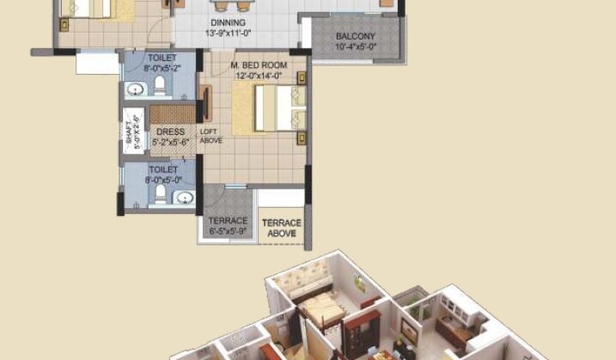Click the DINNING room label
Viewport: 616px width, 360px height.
click(227, 22)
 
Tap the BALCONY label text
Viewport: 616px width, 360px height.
click(355, 36)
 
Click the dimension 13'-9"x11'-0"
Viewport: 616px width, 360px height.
click(227, 33)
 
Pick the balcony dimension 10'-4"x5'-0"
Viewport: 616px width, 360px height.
click(355, 46)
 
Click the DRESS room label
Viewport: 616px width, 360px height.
click(170, 131)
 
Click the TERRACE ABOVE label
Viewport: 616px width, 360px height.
click(282, 227)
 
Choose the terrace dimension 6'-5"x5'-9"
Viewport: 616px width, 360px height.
click(228, 231)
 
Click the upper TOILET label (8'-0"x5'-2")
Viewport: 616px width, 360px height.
click(162, 58)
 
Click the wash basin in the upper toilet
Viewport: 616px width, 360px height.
click(135, 88)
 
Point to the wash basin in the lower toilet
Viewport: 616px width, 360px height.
click(184, 198)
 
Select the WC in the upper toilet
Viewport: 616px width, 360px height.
click(159, 87)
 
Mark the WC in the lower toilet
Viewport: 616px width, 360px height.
click(158, 195)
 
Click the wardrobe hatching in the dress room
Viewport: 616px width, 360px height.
click(173, 114)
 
